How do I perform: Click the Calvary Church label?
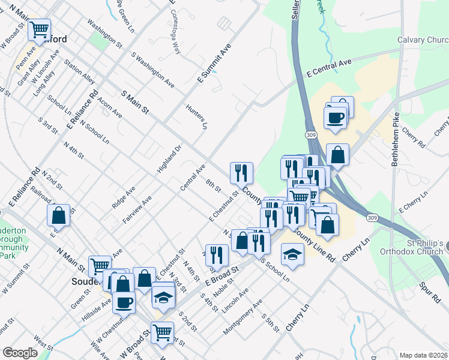click(x=423, y=40)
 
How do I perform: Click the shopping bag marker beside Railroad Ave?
click(x=59, y=214)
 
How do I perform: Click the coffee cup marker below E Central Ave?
click(x=335, y=116)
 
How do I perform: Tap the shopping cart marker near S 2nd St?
click(x=162, y=332)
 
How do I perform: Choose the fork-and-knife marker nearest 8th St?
click(x=242, y=173)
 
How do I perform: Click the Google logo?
click(x=20, y=353)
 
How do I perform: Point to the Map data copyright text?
click(x=424, y=355)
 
